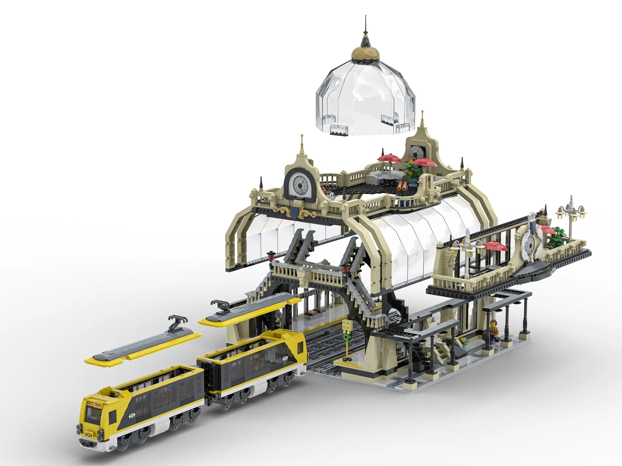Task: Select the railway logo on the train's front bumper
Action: pyautogui.click(x=88, y=434)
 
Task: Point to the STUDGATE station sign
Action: pyautogui.click(x=310, y=293)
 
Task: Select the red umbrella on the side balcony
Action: pyautogui.click(x=494, y=246)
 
